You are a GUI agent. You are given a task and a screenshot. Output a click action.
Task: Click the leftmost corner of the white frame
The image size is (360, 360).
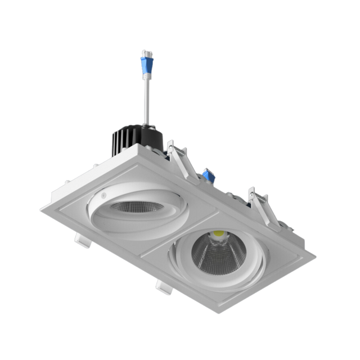[x=40, y=207]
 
